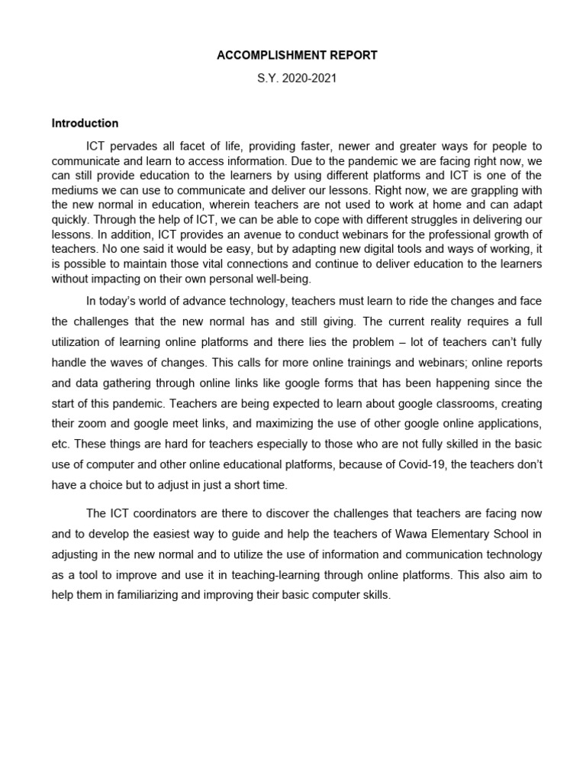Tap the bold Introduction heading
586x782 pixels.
[85, 123]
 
